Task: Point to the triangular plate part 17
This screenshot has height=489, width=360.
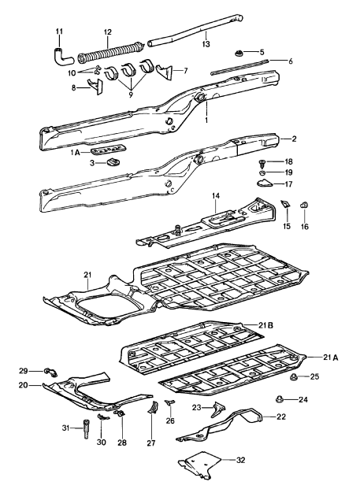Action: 265,184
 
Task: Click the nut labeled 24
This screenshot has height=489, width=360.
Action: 280,399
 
